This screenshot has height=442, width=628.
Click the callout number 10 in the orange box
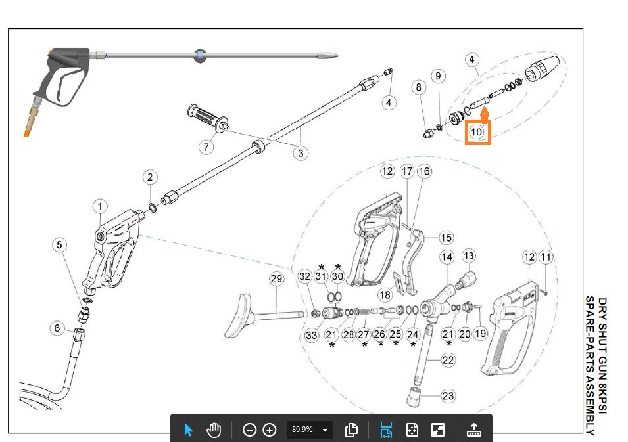tap(476, 131)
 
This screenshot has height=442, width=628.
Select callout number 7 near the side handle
tap(206, 147)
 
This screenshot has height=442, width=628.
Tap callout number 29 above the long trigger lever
tap(276, 279)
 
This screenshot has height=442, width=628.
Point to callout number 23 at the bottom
tap(448, 396)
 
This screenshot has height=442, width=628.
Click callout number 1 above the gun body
tap(100, 206)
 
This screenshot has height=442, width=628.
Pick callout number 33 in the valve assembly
tap(311, 335)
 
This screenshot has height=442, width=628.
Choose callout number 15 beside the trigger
tap(447, 238)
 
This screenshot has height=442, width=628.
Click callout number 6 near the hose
tap(57, 328)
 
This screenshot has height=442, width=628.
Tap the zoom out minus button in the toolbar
tap(249, 430)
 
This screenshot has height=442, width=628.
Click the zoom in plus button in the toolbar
tap(270, 430)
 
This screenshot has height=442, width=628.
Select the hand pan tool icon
tap(214, 430)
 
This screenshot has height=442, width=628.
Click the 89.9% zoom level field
tap(309, 430)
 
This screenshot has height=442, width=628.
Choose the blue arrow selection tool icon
tap(188, 430)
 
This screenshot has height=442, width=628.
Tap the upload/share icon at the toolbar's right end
tap(474, 430)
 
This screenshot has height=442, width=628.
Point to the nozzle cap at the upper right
tap(542, 68)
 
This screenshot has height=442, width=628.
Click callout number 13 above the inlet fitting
tap(468, 256)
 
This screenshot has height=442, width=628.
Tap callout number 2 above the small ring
tap(150, 177)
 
